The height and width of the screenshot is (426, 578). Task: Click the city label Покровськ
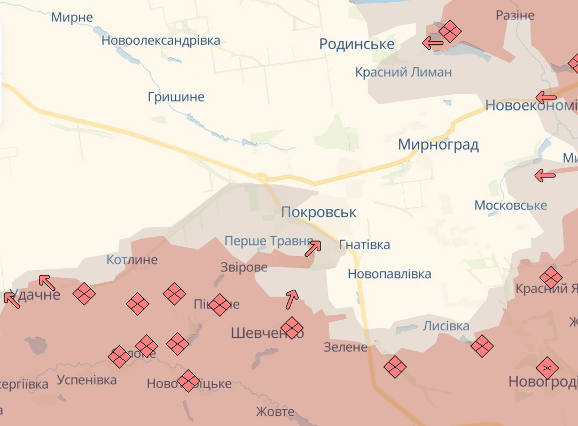click(319, 213)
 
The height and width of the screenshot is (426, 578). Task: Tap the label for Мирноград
click(438, 145)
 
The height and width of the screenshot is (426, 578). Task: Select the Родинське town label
click(357, 44)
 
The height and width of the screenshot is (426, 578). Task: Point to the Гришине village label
click(176, 97)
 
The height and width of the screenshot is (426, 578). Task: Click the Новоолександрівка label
click(161, 41)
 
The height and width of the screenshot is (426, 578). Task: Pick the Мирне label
click(72, 17)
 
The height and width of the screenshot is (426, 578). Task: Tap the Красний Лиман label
click(403, 72)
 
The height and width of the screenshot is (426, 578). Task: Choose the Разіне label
click(515, 15)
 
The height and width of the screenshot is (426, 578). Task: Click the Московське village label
click(511, 205)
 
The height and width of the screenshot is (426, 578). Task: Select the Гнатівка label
click(364, 245)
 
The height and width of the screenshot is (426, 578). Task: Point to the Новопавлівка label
click(389, 274)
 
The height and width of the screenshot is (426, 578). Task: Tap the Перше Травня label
click(268, 241)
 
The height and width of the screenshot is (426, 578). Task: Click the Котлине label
click(132, 260)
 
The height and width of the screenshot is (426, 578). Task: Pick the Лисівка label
click(446, 326)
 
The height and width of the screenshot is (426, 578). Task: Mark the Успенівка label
click(87, 381)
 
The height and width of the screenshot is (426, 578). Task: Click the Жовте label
click(275, 412)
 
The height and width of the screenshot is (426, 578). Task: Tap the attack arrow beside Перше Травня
click(313, 248)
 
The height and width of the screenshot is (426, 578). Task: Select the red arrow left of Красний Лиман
click(433, 43)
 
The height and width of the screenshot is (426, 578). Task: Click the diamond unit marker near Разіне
click(450, 31)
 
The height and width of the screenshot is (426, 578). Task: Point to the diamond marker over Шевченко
click(292, 328)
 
